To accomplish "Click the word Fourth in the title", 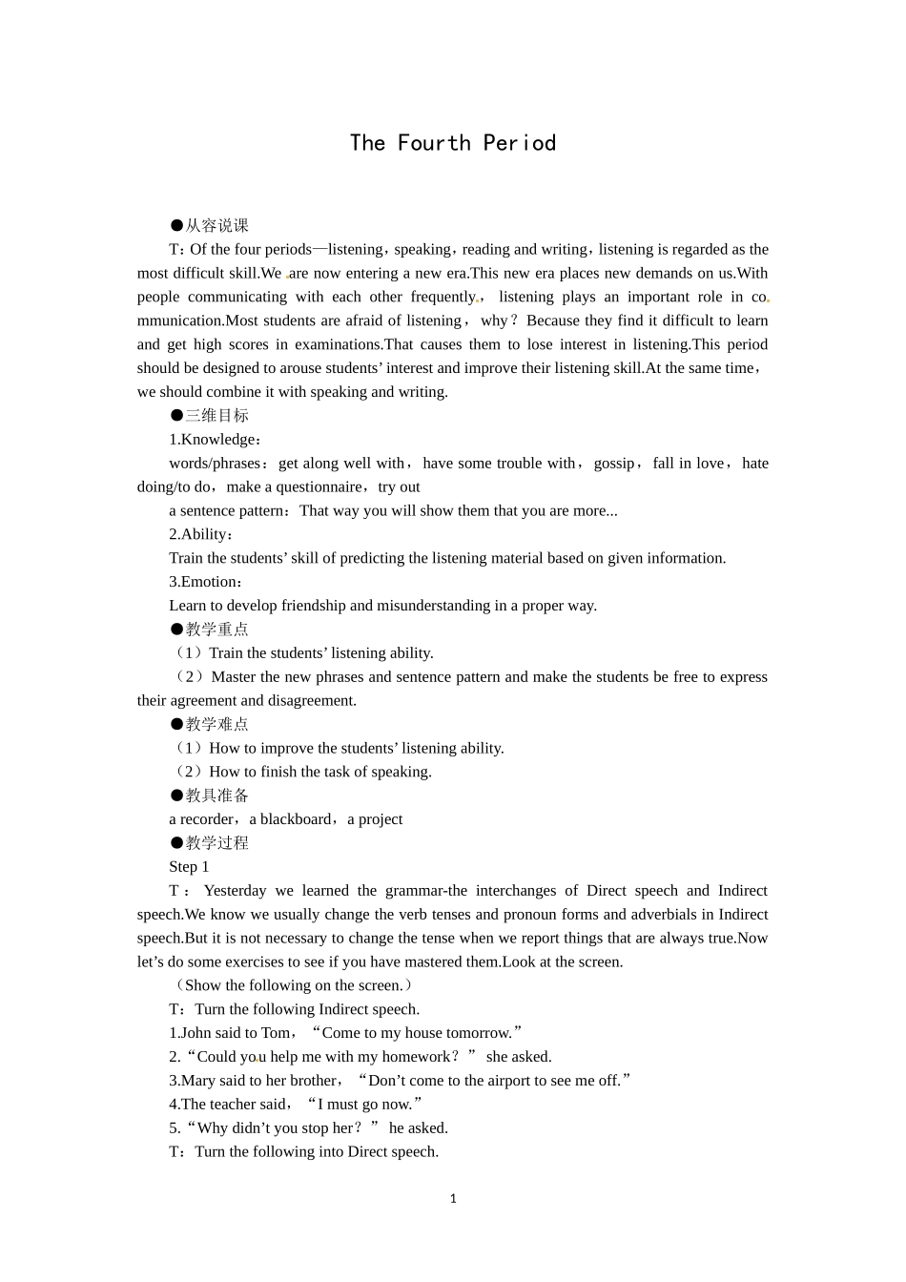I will tap(434, 143).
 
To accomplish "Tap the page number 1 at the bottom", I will tap(453, 1199).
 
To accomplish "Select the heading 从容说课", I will tap(216, 226).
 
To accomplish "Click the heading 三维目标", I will tap(216, 416).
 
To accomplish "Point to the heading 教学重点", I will tap(216, 630).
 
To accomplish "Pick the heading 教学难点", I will tap(216, 725).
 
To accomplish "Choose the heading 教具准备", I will tap(216, 796).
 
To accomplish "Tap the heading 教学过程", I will tap(216, 843).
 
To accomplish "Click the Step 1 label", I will tap(189, 867).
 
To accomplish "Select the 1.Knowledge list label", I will tap(214, 440).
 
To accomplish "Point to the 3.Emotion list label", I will tap(204, 582).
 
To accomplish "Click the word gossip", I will tap(614, 464).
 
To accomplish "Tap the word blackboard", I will tap(296, 819).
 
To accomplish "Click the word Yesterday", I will tap(235, 891).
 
